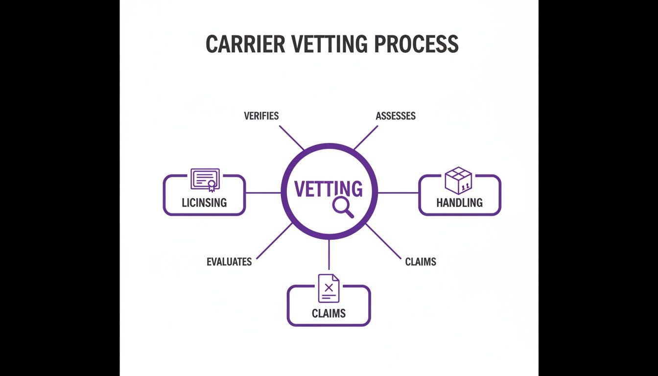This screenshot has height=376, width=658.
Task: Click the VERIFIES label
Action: [261, 116]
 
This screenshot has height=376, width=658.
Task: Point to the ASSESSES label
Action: [396, 116]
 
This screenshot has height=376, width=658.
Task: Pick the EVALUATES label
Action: [229, 261]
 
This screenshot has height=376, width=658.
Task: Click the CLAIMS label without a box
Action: [421, 261]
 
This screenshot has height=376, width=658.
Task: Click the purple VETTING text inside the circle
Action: [329, 189]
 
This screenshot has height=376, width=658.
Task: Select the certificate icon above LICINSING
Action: [205, 180]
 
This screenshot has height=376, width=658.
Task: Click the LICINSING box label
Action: [204, 202]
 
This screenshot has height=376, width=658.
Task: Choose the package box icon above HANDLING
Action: [459, 180]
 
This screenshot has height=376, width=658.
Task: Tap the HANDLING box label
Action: [459, 202]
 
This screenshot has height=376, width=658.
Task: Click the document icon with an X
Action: [329, 288]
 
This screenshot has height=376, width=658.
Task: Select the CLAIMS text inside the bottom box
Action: [329, 313]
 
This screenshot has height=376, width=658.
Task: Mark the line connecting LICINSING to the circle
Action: [263, 193]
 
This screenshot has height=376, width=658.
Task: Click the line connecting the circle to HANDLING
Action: [398, 193]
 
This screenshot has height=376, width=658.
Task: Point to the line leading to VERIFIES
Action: [292, 138]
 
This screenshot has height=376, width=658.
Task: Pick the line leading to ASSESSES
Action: [366, 138]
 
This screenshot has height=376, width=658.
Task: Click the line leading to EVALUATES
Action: [274, 241]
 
